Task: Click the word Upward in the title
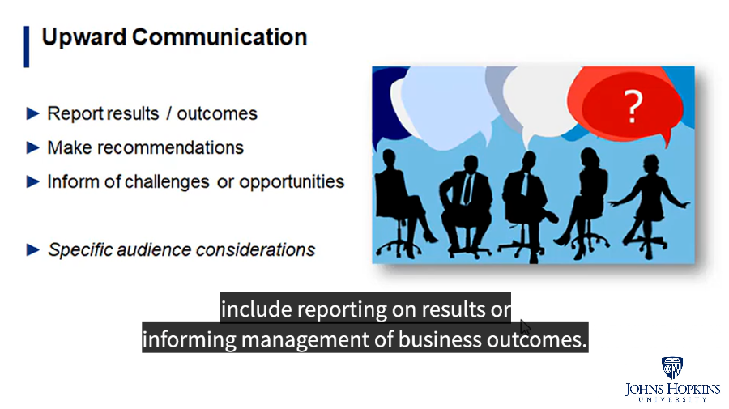(84, 37)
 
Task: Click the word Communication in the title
(220, 36)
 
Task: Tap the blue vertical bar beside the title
(27, 46)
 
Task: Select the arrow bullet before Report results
(33, 113)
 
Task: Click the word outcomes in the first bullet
(217, 113)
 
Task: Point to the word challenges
(168, 181)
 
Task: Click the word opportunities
(292, 182)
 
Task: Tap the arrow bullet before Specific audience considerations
(33, 249)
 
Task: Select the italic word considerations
(256, 249)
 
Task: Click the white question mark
(633, 106)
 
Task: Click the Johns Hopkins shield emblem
(672, 368)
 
